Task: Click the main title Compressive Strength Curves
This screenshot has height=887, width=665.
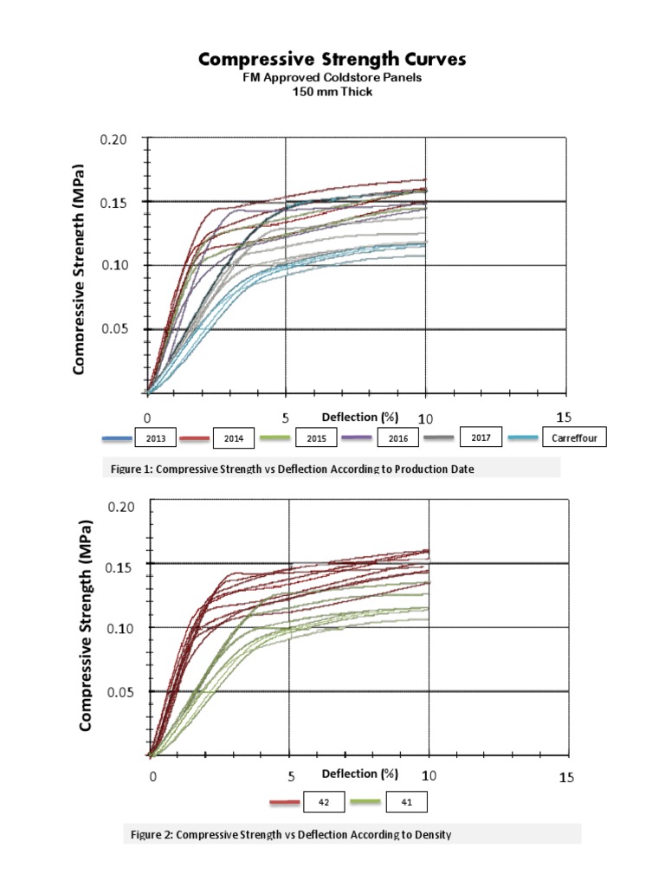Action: point(332,59)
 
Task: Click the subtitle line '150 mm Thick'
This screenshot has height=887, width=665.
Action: point(332,92)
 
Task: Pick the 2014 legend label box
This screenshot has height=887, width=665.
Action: point(233,439)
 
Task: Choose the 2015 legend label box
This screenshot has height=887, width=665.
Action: point(315,439)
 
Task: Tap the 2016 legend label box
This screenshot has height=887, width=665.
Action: point(397,439)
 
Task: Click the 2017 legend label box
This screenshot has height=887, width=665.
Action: point(481,437)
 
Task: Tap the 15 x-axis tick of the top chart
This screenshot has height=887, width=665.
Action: point(565,418)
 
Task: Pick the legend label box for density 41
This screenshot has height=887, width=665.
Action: point(405,803)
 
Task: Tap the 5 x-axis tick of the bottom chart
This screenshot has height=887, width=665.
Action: point(291,777)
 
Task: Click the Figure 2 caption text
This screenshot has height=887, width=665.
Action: point(291,834)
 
